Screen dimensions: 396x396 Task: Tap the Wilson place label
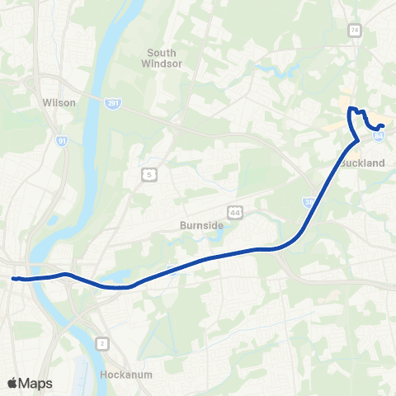59,103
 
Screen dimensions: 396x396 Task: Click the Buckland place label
363,163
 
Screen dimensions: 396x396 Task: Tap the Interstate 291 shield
113,103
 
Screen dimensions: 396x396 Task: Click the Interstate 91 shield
62,141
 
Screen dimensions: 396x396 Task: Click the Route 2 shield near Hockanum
102,342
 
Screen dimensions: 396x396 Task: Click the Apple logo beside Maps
12,384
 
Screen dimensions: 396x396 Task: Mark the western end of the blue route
13,279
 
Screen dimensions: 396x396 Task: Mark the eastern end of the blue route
383,125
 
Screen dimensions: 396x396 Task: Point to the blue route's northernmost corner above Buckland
350,108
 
